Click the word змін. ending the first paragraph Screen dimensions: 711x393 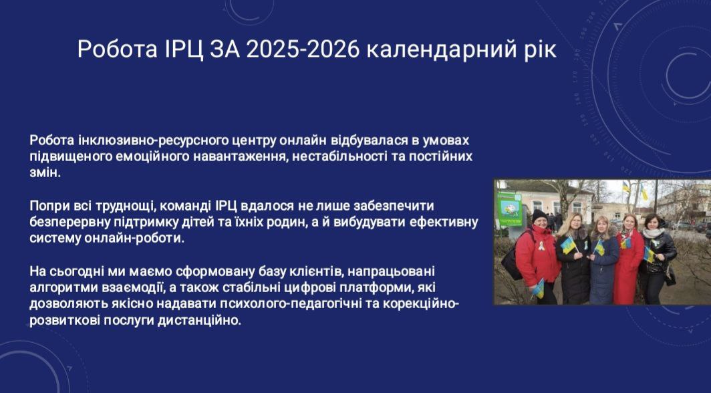(x=45, y=172)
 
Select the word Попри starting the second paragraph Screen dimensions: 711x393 (x=46, y=207)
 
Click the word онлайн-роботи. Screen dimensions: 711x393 (x=134, y=239)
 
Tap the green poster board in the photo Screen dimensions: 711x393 (x=510, y=209)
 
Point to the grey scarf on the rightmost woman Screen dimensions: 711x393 (x=652, y=233)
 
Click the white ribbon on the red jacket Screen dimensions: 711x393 (x=541, y=246)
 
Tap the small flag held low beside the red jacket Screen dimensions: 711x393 (x=538, y=288)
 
